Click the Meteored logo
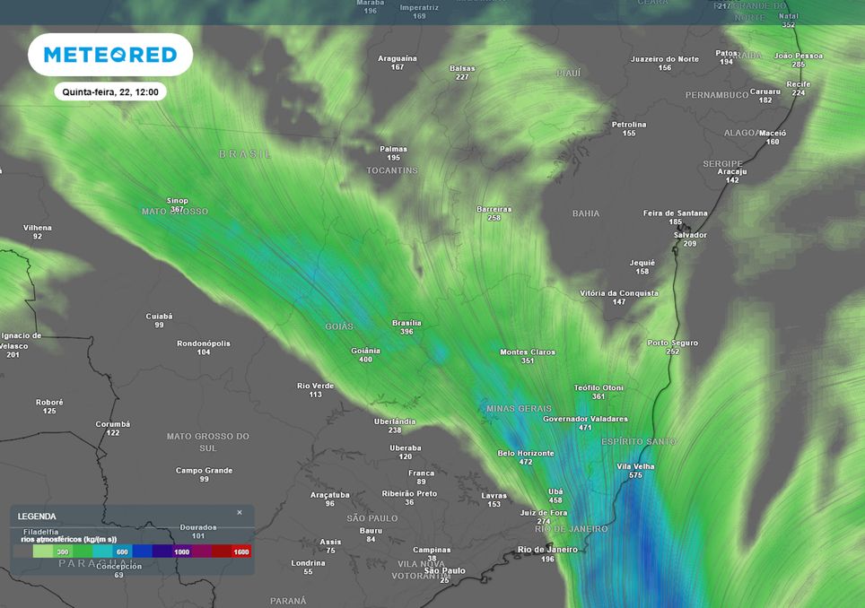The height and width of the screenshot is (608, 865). pos(110,55)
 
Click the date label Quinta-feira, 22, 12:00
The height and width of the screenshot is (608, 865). pos(110,91)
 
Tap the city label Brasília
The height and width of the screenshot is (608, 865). pos(406,323)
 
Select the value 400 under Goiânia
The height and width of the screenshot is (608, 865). pos(365,360)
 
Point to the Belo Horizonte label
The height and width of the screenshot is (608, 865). pos(526,453)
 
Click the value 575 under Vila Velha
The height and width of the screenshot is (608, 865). pos(635,475)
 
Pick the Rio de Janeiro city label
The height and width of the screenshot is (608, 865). pos(548,549)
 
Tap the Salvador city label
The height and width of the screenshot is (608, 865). pos(690,235)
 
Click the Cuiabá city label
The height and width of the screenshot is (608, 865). pos(159,316)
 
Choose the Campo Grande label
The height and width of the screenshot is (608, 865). pos(204,470)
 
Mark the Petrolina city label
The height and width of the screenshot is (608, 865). pos(629,124)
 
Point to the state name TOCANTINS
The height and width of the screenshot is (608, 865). pos(392,170)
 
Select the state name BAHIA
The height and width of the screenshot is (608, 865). pos(586,213)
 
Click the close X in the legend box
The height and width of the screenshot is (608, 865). pos(240,513)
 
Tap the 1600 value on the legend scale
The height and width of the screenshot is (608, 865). pos(240,552)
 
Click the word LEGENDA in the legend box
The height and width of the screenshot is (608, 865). pos(36,517)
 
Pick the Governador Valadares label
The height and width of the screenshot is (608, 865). pos(586,419)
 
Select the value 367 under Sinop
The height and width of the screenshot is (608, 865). pos(177,210)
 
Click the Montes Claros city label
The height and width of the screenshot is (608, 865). pos(528,352)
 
